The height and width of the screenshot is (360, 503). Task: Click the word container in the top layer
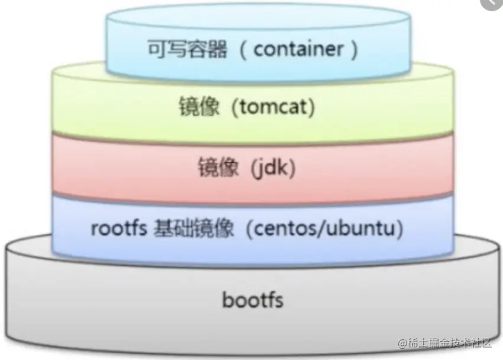coord(297,50)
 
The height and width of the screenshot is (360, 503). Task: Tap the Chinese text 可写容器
coord(187,50)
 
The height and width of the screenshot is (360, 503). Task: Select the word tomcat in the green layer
coord(272,108)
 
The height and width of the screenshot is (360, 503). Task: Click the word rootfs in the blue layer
coord(118,228)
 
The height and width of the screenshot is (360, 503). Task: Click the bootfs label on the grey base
coord(253,300)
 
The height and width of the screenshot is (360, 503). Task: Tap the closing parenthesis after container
coord(353,50)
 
